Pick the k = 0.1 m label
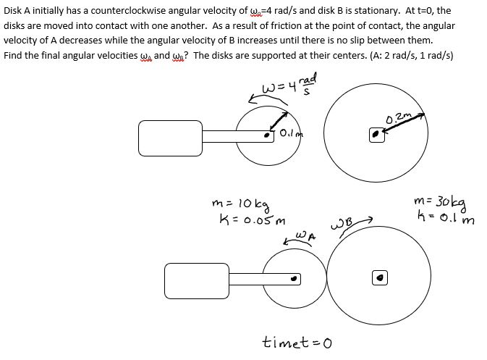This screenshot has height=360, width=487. (439, 217)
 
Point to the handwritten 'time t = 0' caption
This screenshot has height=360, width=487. (297, 340)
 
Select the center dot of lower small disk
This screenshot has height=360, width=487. (293, 277)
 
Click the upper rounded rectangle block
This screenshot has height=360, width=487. (171, 135)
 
